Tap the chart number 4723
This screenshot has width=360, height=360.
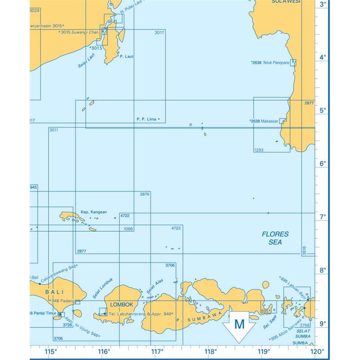[x=176, y=229]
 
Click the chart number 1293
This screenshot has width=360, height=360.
[x=259, y=150]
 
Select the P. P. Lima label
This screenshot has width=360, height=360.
[x=145, y=119]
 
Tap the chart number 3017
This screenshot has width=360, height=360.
[x=159, y=33]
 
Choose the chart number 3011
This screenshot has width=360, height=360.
[x=54, y=130]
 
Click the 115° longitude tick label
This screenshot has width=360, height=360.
[x=50, y=351]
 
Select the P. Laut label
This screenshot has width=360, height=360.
[x=126, y=57]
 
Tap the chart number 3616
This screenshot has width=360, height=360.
[x=304, y=251]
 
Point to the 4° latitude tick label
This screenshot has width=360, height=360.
[x=323, y=58]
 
